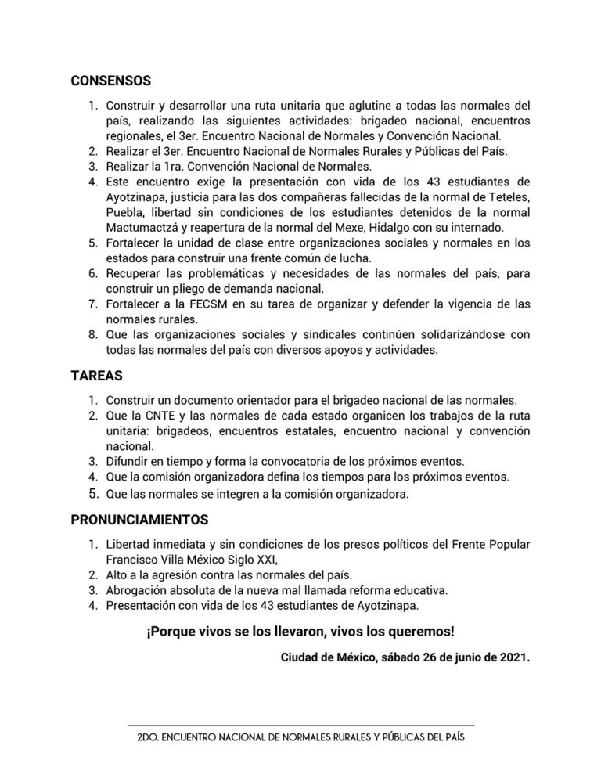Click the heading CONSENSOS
[x=110, y=80]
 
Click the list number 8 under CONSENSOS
[x=92, y=334]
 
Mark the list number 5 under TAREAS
[x=92, y=494]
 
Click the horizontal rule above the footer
[x=300, y=726]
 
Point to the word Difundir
[x=128, y=459]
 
